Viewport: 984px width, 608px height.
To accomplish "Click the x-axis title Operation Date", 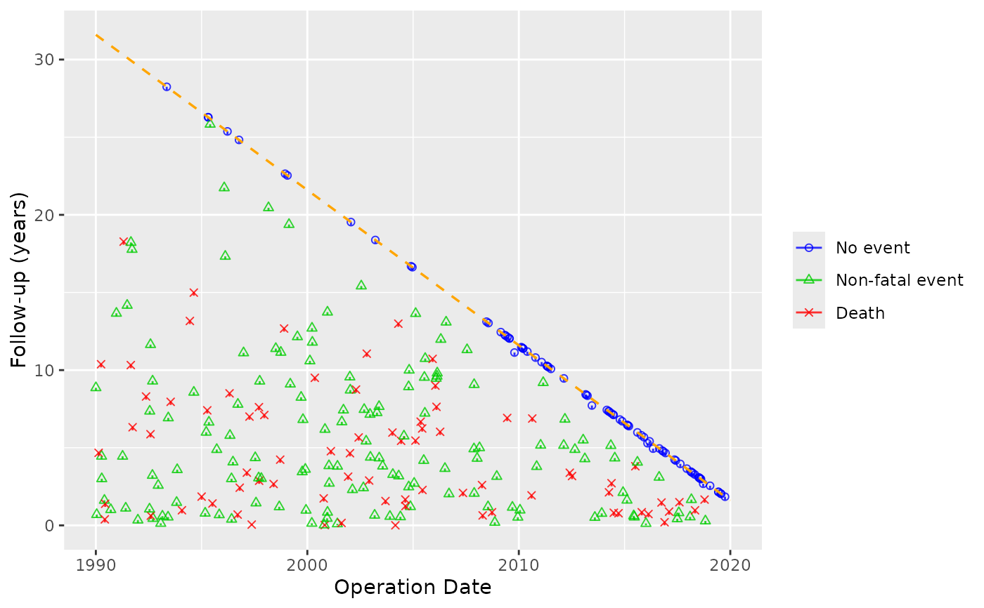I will (413, 588).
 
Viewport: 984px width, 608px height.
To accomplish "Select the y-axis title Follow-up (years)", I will (20, 282).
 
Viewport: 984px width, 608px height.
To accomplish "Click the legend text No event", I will (872, 248).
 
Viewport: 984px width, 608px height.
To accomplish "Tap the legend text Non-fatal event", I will (899, 280).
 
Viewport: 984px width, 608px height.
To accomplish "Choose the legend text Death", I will (860, 313).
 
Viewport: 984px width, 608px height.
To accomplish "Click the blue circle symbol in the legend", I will (809, 248).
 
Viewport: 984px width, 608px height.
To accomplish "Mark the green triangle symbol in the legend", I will (809, 280).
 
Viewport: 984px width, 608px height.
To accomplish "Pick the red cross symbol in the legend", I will (809, 313).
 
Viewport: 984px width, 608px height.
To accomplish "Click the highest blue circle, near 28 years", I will (167, 87).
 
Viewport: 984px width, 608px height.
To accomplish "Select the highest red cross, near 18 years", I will (123, 242).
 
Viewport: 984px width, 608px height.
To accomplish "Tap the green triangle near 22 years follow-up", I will (224, 187).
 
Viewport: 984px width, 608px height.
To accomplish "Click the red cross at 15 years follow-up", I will (193, 293).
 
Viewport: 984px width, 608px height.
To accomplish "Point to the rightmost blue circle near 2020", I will (725, 496).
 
